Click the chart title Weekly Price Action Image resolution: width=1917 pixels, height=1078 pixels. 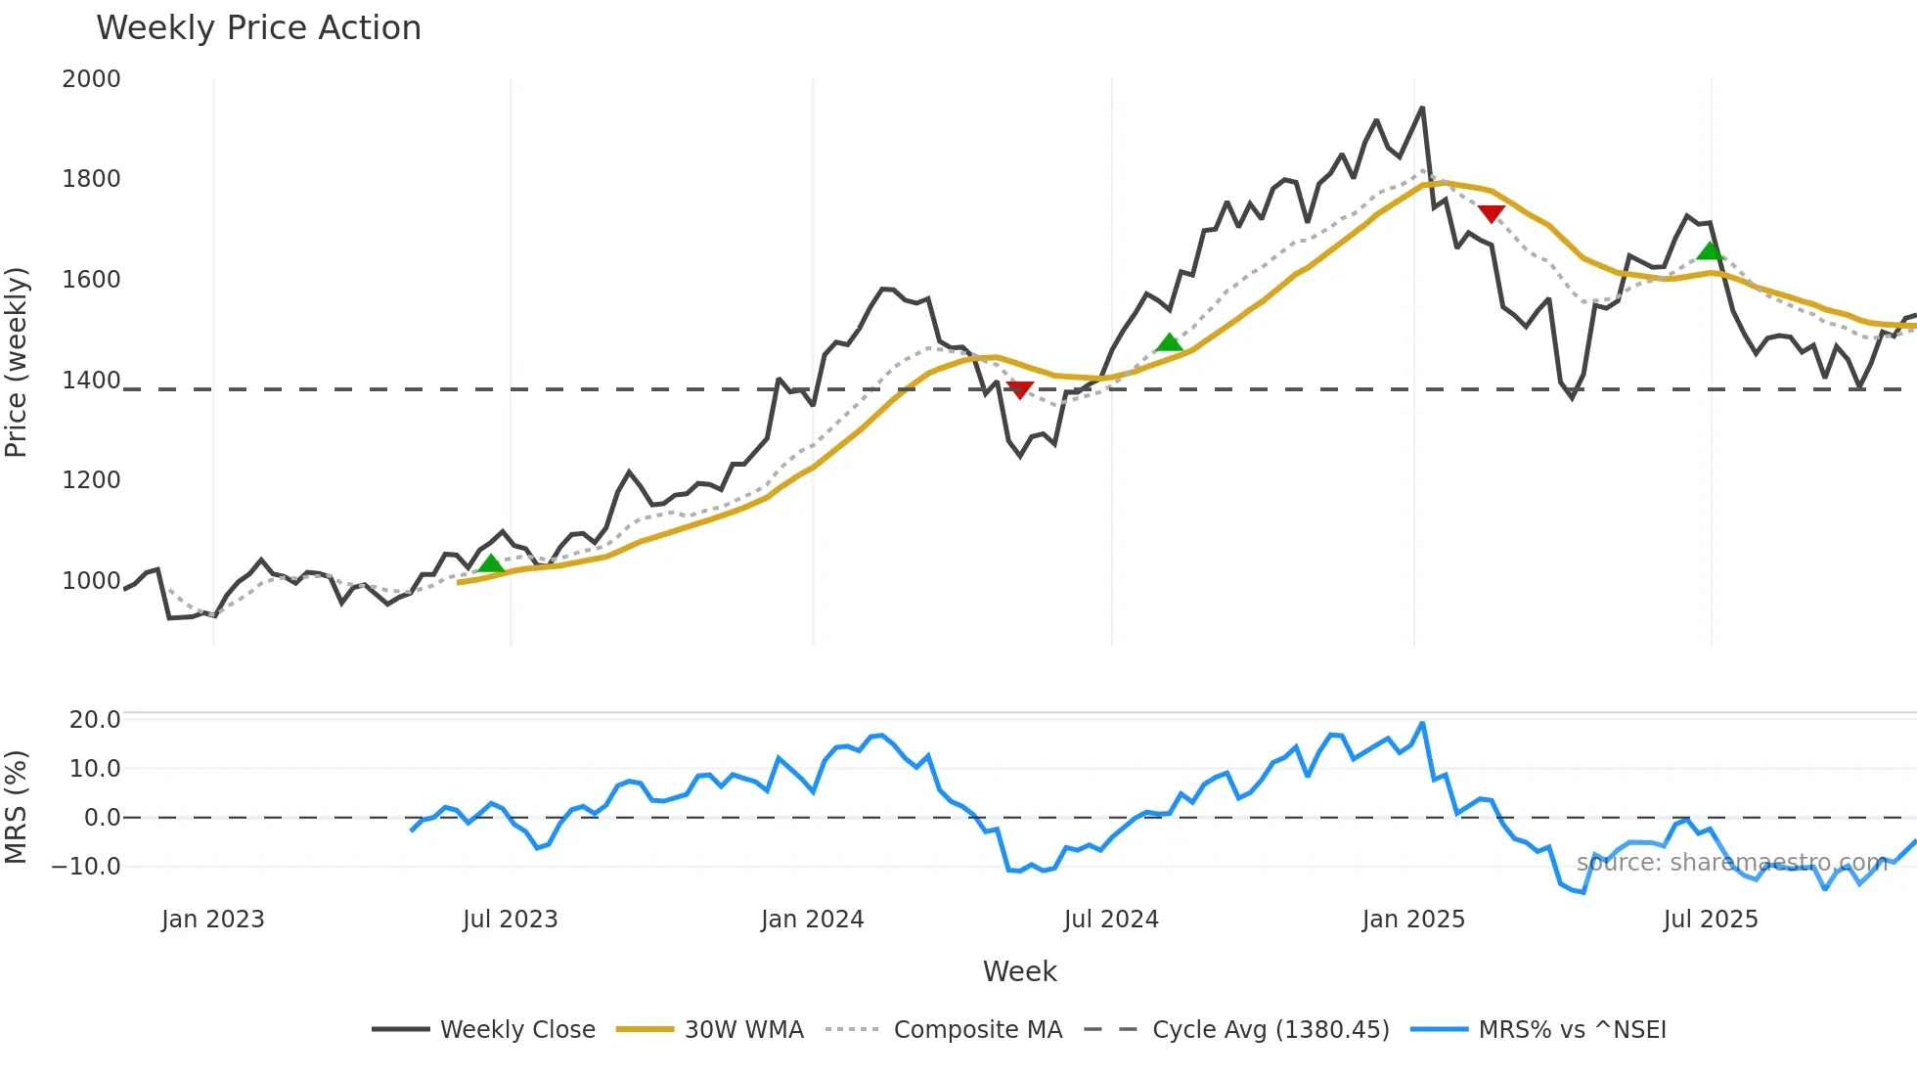[x=258, y=28]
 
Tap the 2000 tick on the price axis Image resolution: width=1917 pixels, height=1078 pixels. [x=91, y=79]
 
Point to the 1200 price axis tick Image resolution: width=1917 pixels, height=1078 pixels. [x=91, y=480]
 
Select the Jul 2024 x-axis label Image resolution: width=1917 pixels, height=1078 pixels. [x=1111, y=920]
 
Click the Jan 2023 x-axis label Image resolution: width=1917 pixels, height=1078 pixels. [x=213, y=920]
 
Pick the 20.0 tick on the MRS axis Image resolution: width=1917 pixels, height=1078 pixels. [x=94, y=720]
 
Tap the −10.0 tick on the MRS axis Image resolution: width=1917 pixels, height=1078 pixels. [x=86, y=867]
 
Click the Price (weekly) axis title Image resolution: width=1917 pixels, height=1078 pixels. [x=17, y=362]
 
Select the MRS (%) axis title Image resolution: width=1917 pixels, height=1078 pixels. [x=17, y=807]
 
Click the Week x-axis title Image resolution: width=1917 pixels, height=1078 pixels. [x=1019, y=971]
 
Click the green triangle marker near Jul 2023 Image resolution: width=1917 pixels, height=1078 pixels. [x=491, y=563]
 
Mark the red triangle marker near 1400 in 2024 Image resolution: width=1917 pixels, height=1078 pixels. [x=1019, y=390]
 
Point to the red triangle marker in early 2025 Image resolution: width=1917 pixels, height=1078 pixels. [x=1491, y=213]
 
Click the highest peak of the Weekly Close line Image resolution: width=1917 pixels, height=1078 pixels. [x=1422, y=109]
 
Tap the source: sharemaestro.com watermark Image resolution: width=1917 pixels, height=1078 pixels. [x=1731, y=863]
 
